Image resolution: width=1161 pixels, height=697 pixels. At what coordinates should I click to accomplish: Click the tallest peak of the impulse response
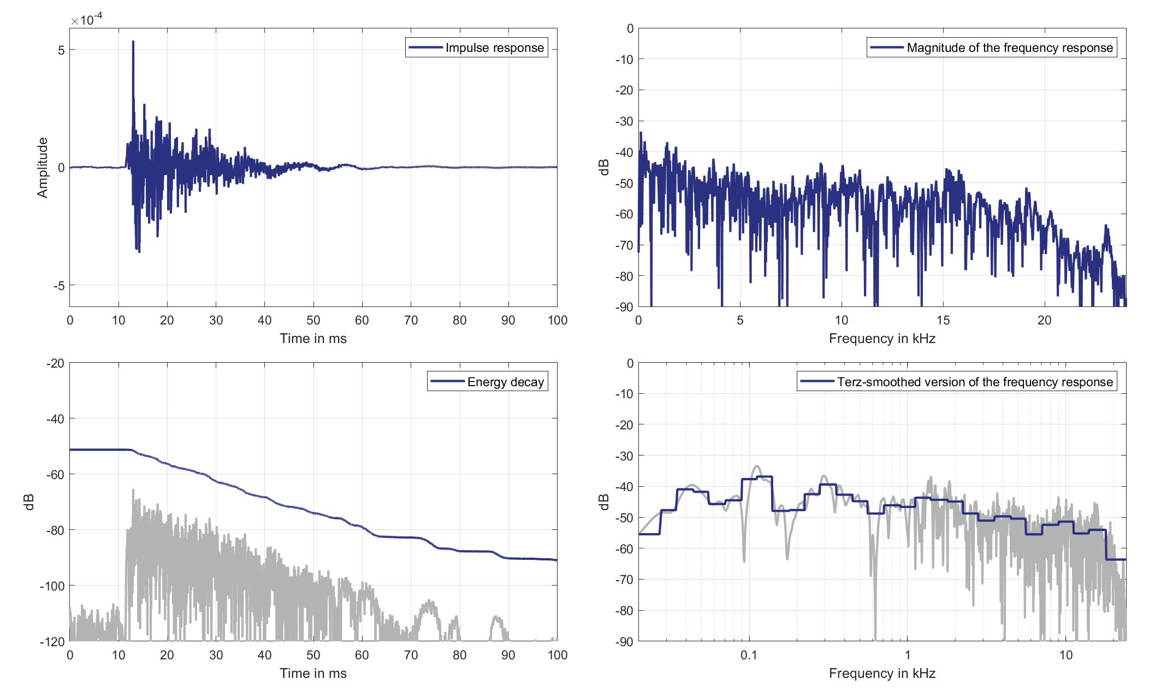pyautogui.click(x=133, y=42)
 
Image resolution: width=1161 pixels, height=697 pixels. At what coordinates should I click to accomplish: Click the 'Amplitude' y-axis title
pyautogui.click(x=43, y=168)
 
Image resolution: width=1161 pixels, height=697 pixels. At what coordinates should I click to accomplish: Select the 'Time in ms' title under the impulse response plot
pyautogui.click(x=313, y=339)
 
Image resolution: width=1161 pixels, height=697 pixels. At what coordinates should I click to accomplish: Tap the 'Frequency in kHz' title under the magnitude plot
pyautogui.click(x=882, y=339)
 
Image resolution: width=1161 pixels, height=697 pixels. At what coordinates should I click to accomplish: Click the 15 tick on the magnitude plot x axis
pyautogui.click(x=943, y=321)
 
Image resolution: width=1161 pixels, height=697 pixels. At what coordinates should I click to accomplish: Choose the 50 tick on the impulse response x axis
pyautogui.click(x=313, y=321)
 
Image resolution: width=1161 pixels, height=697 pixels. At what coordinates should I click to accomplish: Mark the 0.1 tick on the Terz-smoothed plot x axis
pyautogui.click(x=749, y=655)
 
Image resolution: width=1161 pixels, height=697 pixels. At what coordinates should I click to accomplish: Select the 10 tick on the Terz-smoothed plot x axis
pyautogui.click(x=1065, y=655)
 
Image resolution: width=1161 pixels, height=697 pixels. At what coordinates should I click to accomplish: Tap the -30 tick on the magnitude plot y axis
pyautogui.click(x=623, y=121)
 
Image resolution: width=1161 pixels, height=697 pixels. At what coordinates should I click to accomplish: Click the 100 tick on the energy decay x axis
pyautogui.click(x=556, y=655)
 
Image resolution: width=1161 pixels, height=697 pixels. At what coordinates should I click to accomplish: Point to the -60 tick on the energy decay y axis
pyautogui.click(x=54, y=474)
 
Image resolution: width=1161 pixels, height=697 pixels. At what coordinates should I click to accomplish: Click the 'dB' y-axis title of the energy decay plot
pyautogui.click(x=29, y=502)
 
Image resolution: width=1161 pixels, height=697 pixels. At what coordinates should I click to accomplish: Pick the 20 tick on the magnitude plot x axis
pyautogui.click(x=1044, y=321)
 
